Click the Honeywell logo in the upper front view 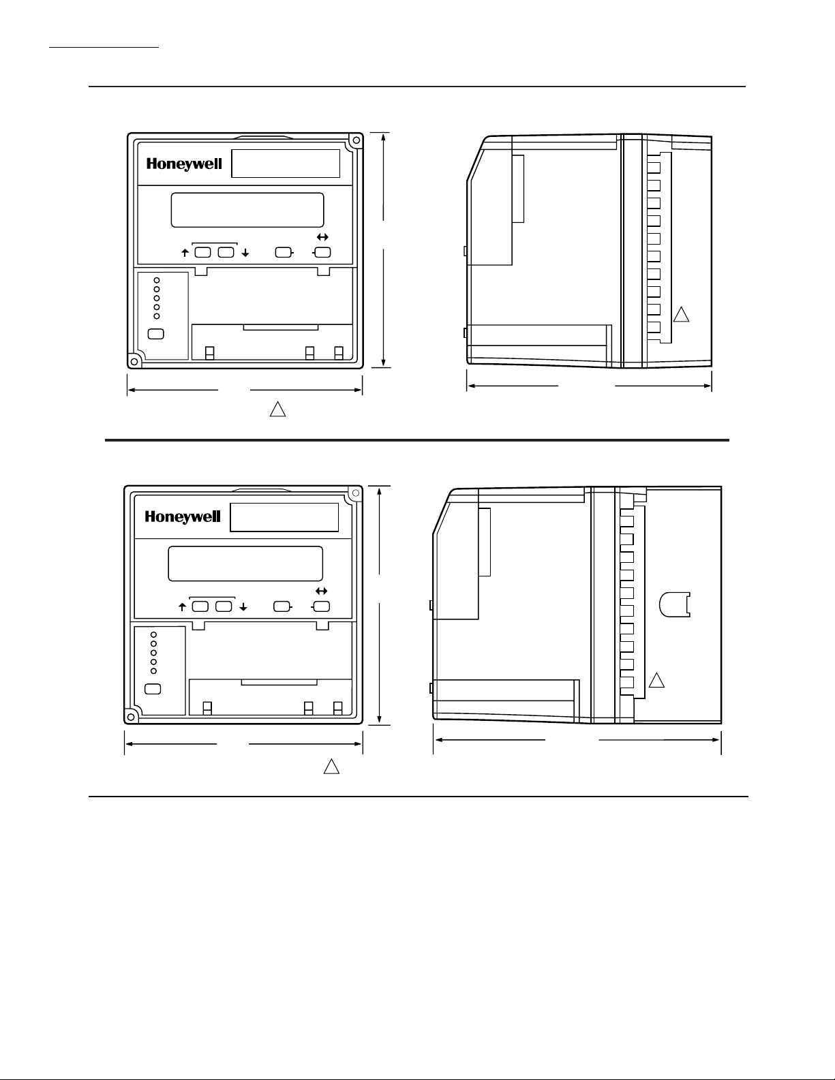point(184,164)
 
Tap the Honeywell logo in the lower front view point(183,517)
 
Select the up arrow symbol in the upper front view point(185,253)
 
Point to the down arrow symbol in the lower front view point(243,607)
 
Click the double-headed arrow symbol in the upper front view point(322,237)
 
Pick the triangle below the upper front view point(278,409)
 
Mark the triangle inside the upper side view point(681,315)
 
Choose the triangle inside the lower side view point(656,681)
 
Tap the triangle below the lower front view point(331,767)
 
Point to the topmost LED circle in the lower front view point(153,634)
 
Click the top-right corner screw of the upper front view point(356,140)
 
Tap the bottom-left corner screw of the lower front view point(131,717)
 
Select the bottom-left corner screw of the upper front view point(134,360)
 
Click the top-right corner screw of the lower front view point(356,493)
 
